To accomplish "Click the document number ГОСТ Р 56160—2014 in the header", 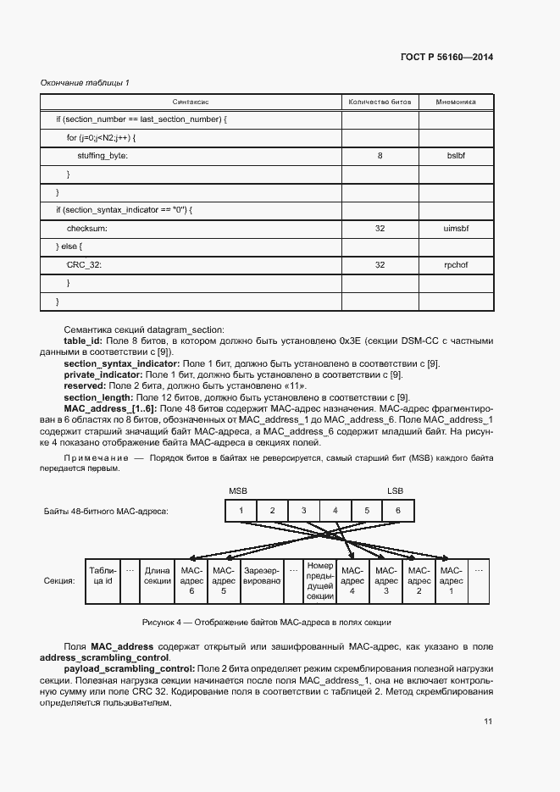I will coord(446,58).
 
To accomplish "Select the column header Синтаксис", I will coord(191,102).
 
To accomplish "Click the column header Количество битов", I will coord(380,102).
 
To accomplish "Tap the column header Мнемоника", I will coord(456,102).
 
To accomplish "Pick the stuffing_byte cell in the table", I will coord(102,156).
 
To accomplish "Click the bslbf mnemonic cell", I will coord(456,156).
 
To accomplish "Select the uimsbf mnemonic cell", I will coord(456,229).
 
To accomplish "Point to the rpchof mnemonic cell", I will coord(456,265).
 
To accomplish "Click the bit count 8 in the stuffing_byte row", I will coord(380,156).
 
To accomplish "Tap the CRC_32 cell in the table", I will coord(85,265).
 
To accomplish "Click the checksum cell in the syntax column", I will coord(87,229).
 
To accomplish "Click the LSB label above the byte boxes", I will coord(396,491).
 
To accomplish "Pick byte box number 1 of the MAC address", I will coord(241,511).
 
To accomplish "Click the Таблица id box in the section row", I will coord(103,580).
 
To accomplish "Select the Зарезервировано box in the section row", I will coord(261,580).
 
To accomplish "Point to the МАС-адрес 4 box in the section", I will coord(352,580).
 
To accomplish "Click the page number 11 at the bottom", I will coord(488,721).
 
